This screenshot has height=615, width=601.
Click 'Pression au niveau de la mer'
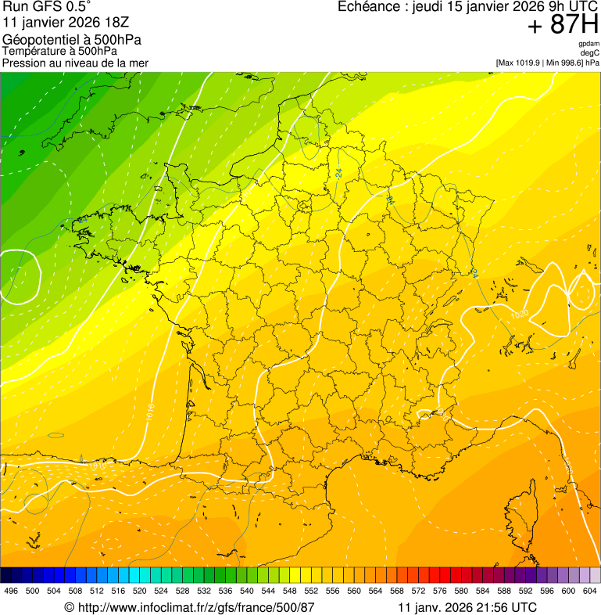(x=75, y=63)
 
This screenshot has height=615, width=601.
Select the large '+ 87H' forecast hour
(x=563, y=25)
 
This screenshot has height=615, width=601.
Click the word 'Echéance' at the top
(x=367, y=7)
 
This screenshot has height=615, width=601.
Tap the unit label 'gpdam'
(x=588, y=44)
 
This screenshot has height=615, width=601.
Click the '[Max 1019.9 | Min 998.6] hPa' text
(x=547, y=63)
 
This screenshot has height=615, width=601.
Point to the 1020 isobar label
(x=519, y=315)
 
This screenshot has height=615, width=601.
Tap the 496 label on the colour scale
(x=11, y=591)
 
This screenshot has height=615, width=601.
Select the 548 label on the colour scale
(x=289, y=591)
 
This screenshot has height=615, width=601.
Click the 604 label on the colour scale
(x=589, y=591)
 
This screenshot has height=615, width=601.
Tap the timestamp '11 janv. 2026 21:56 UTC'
(x=467, y=607)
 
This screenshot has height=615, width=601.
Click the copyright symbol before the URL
(x=69, y=607)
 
